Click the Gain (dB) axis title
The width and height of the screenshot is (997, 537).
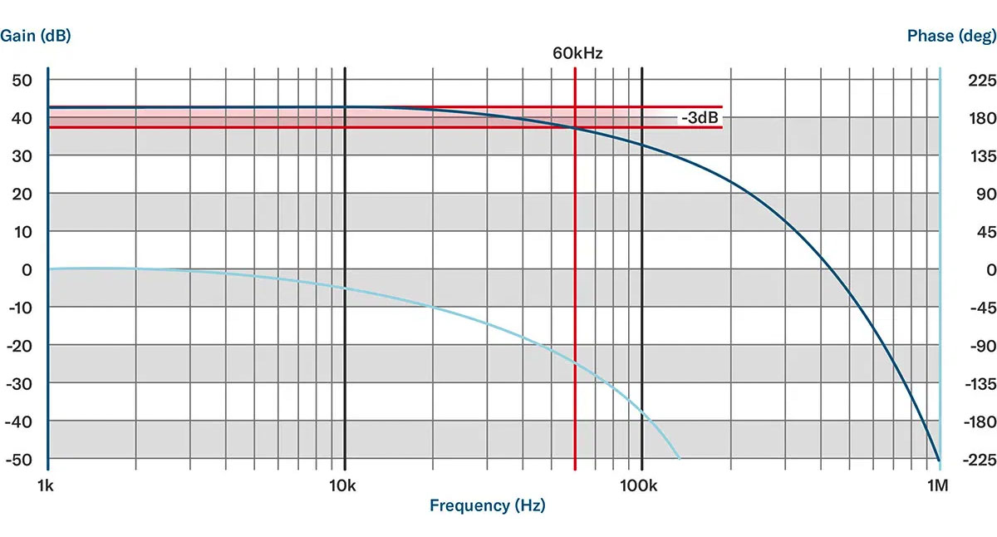(36, 36)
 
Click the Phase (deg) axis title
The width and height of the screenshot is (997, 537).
(950, 36)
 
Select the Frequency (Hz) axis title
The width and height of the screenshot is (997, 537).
(488, 505)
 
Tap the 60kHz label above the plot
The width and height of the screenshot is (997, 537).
(577, 53)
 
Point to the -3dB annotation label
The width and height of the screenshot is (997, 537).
(700, 118)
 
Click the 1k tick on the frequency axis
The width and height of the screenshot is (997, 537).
(47, 484)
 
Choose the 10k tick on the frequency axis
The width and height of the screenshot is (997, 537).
(343, 484)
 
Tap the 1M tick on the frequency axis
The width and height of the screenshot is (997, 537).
(939, 484)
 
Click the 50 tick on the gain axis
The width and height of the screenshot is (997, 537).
(22, 80)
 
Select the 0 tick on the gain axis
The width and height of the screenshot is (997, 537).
(27, 270)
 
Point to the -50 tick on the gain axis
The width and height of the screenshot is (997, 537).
(20, 459)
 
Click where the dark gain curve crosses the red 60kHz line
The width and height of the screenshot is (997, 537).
(575, 127)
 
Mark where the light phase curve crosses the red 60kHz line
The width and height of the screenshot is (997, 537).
(575, 362)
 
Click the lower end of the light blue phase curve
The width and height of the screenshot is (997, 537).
(679, 458)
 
